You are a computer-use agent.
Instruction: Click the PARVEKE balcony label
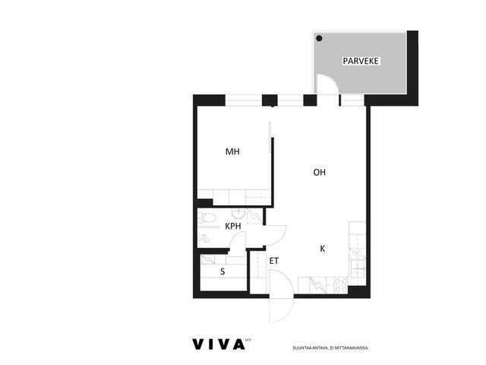pyautogui.click(x=361, y=61)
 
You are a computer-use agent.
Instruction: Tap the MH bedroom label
pyautogui.click(x=232, y=151)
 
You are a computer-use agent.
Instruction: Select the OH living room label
pyautogui.click(x=319, y=173)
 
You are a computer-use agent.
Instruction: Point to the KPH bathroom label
pyautogui.click(x=233, y=227)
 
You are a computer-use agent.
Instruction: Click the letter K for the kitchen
pyautogui.click(x=322, y=249)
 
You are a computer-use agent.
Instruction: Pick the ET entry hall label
pyautogui.click(x=273, y=261)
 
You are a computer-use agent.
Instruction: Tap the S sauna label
pyautogui.click(x=222, y=271)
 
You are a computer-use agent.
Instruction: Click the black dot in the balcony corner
pyautogui.click(x=319, y=38)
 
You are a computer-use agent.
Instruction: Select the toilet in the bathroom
pyautogui.click(x=207, y=217)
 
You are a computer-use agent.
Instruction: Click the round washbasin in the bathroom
pyautogui.click(x=238, y=213)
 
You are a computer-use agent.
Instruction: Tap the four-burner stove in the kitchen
pyautogui.click(x=341, y=286)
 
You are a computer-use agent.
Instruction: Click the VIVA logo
pyautogui.click(x=219, y=344)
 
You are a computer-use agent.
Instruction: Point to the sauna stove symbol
pyautogui.click(x=208, y=259)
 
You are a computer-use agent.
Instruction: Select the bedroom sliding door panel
pyautogui.click(x=270, y=137)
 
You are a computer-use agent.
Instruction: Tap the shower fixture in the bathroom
pyautogui.click(x=204, y=239)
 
